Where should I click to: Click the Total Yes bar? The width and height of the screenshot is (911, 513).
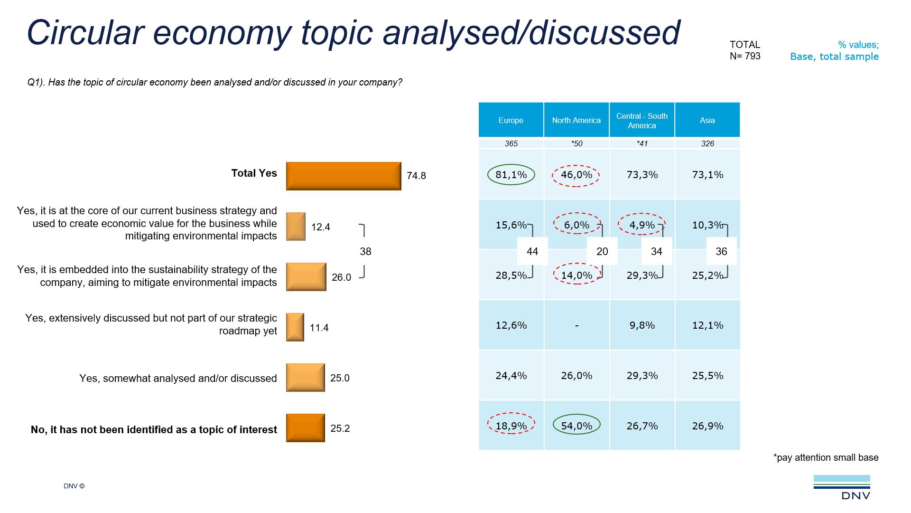(344, 176)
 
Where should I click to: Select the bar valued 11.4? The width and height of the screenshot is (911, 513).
(295, 327)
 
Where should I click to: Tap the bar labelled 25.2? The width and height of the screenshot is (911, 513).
(305, 428)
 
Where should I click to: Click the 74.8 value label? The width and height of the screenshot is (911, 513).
(416, 176)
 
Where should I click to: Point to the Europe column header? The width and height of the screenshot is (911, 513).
(511, 120)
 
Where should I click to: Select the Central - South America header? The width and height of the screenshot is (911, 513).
(641, 120)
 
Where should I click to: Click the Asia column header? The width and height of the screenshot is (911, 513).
(707, 120)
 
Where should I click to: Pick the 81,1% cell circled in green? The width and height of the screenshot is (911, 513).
(511, 175)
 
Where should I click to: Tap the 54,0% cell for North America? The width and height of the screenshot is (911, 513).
(576, 426)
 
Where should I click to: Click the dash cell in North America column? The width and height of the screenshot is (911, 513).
(576, 325)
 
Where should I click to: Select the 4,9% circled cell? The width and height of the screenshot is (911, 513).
(641, 225)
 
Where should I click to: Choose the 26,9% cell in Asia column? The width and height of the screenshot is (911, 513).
(707, 426)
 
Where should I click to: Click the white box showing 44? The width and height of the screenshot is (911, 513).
(532, 251)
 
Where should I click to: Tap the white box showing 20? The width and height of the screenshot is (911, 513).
(602, 251)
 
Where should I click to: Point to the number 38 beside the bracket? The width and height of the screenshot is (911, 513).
(365, 251)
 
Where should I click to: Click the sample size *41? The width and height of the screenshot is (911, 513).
(642, 143)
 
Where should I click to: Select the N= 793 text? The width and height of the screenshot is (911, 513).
(745, 56)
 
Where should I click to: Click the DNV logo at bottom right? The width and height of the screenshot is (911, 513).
(842, 487)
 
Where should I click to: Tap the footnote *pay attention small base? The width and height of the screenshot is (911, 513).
(826, 457)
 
